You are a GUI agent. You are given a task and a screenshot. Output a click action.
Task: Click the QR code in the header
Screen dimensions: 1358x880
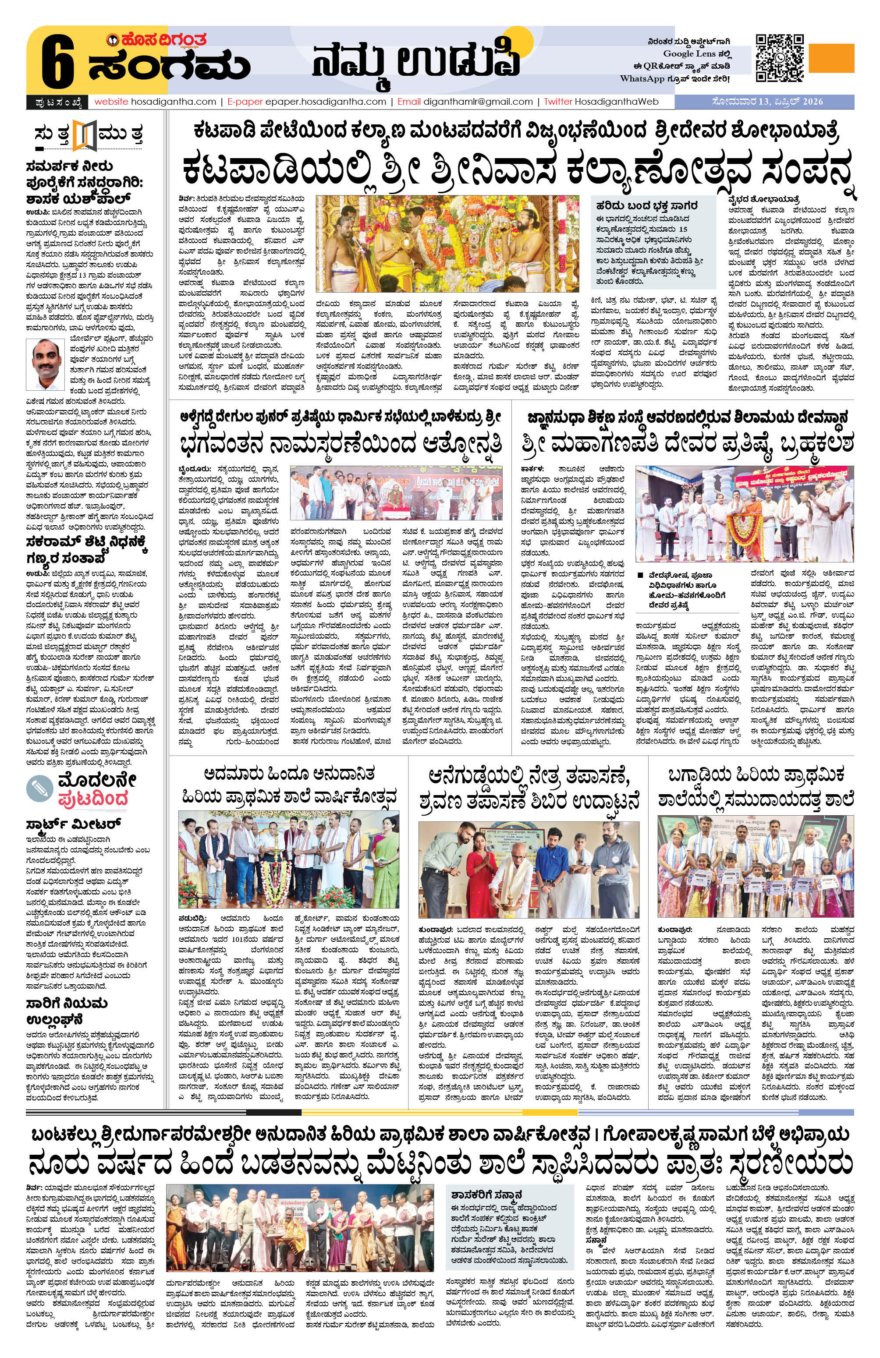780,58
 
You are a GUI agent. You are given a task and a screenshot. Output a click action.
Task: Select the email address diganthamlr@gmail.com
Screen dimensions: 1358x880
478,102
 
